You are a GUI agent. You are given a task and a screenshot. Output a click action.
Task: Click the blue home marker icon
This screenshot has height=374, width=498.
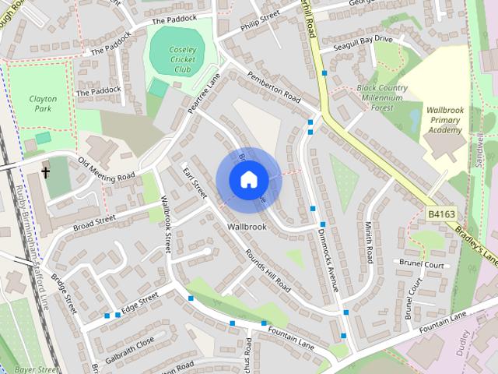point(247,179)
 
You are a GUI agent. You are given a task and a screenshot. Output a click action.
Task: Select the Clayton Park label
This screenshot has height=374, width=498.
point(44,105)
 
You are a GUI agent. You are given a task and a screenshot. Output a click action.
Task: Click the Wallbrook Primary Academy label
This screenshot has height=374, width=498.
point(444,120)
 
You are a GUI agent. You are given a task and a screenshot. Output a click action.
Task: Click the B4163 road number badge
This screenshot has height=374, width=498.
point(440,211)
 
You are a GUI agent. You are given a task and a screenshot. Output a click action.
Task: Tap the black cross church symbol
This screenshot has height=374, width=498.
point(46,171)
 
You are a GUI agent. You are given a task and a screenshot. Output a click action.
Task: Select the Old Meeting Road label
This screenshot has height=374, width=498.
point(106,168)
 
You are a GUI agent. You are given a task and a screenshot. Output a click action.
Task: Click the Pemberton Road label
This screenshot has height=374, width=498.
point(273,88)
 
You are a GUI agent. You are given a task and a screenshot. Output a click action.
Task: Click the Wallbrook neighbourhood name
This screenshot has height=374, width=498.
point(247,227)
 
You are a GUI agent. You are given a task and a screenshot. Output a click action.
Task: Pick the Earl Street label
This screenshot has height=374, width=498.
point(194,181)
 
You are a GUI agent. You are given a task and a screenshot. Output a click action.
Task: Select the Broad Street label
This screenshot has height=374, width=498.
point(94,219)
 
